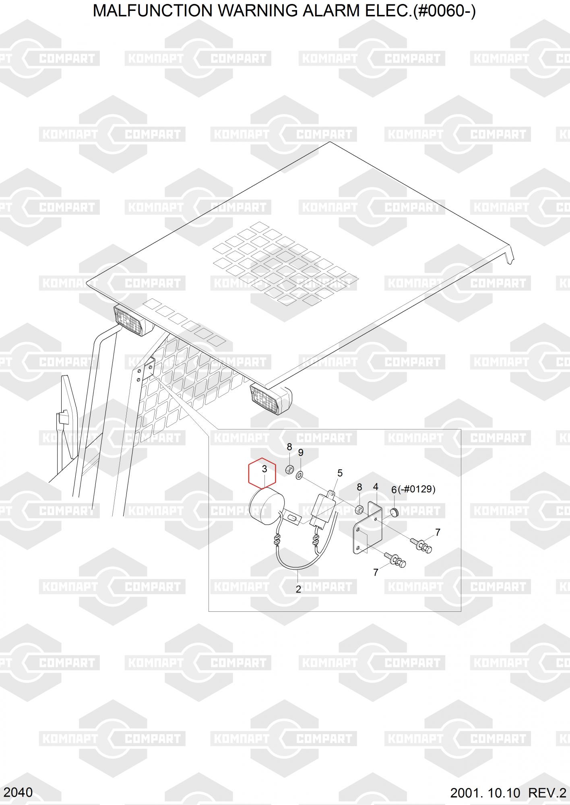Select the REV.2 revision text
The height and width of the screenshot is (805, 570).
point(547,793)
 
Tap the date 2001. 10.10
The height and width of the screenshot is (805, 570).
point(485,793)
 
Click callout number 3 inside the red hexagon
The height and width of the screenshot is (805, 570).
point(264,469)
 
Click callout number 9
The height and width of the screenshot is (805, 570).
point(301,453)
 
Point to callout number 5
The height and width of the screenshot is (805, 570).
point(340,473)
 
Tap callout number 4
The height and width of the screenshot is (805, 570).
point(376,487)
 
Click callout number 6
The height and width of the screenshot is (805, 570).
point(394,490)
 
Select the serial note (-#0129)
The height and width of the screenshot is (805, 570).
point(417,489)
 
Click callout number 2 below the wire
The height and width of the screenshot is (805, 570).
point(298,589)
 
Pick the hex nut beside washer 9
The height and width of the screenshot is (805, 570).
point(289,469)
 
